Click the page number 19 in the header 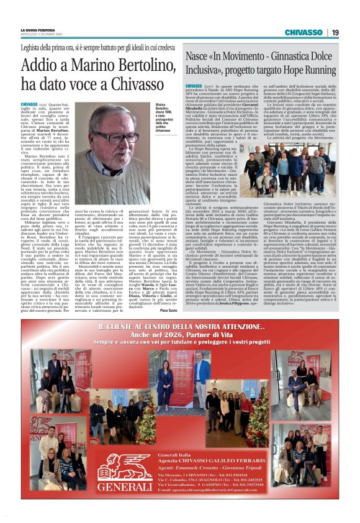coord(335,32)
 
